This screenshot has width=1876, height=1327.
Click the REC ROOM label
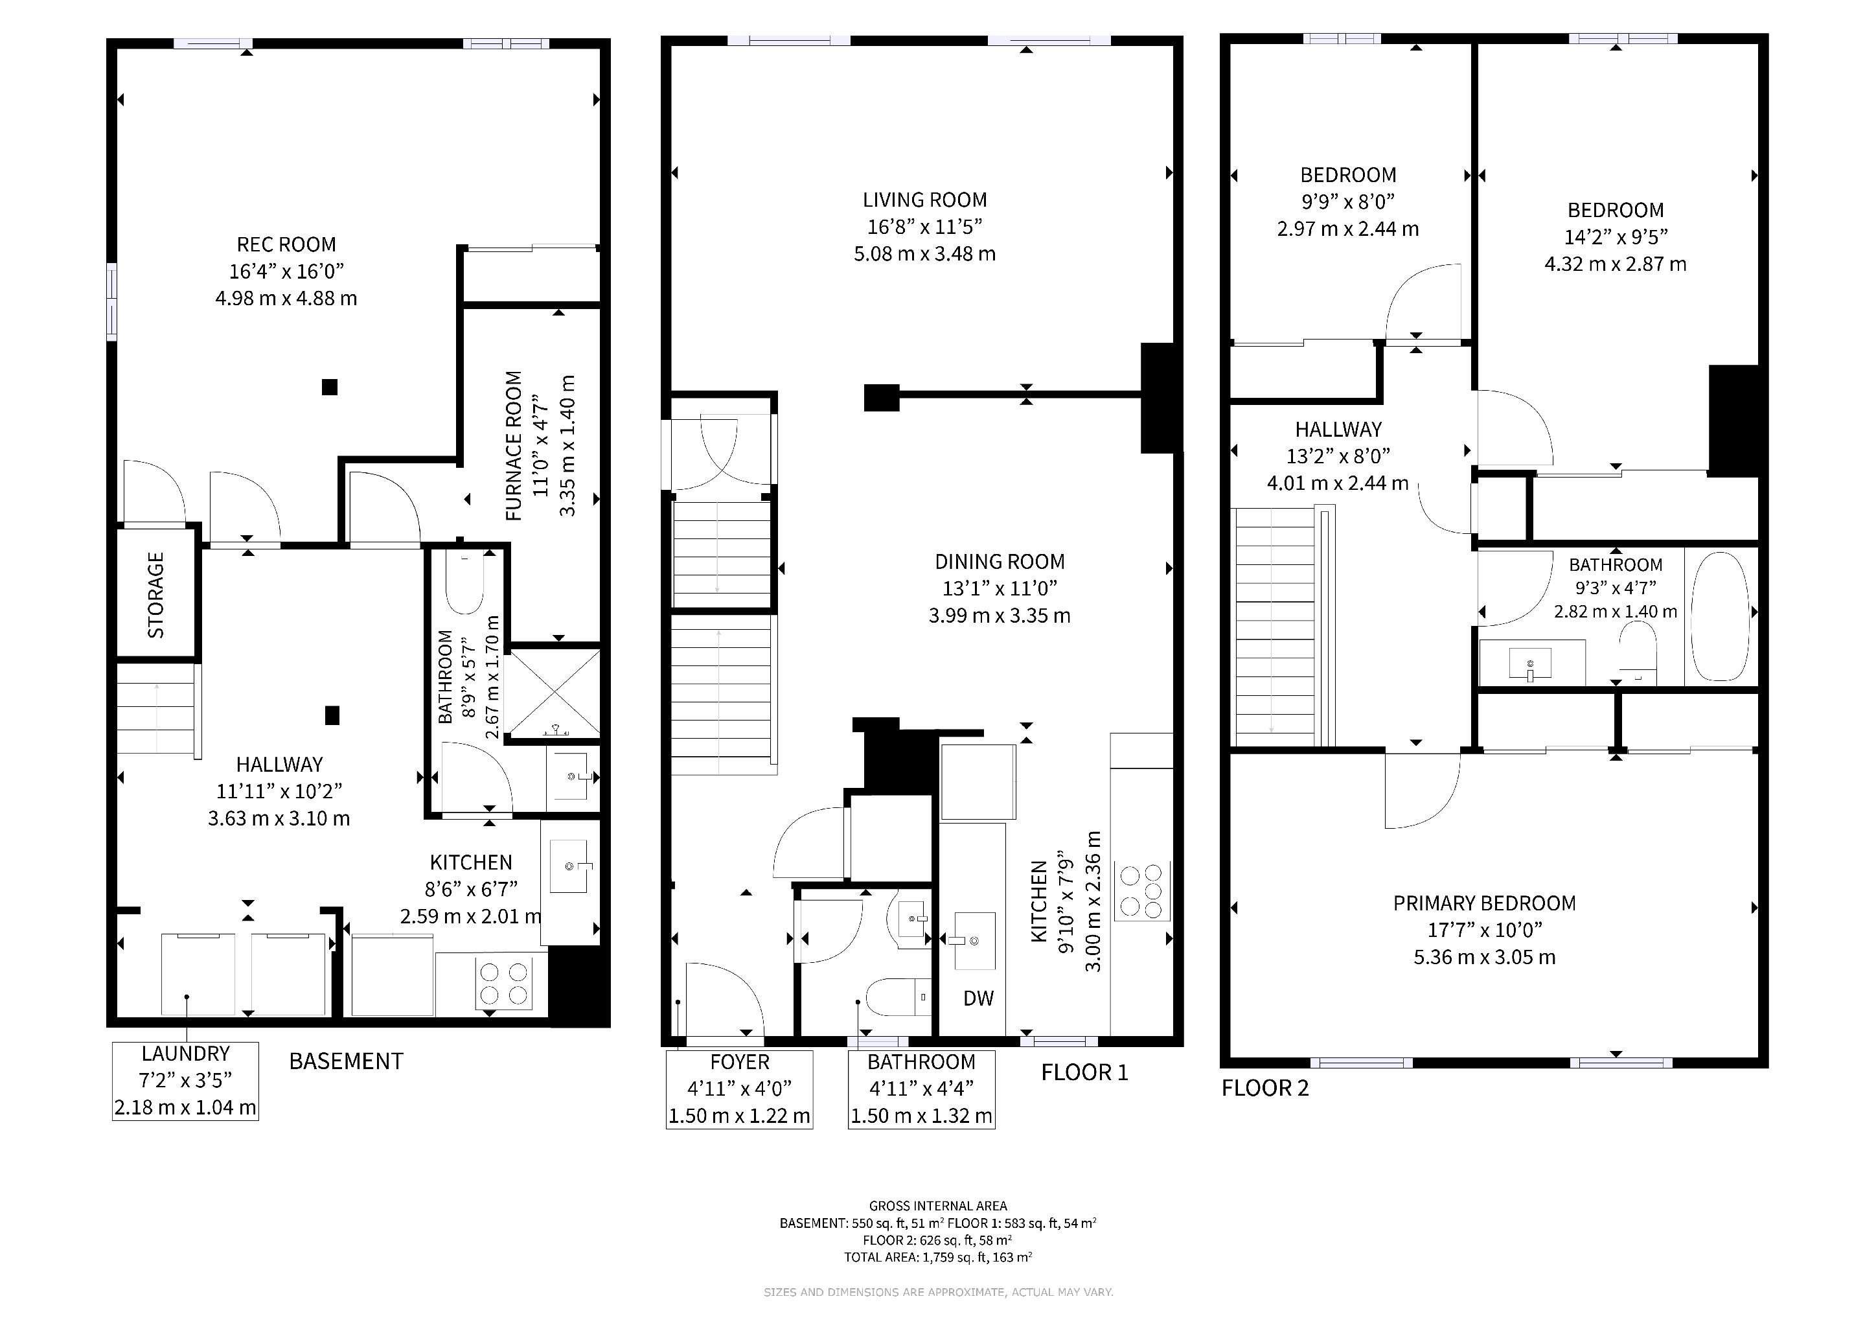pos(286,244)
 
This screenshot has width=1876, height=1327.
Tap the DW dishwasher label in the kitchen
pos(978,998)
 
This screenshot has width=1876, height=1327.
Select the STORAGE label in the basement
pos(155,595)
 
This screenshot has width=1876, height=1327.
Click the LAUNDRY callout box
pos(185,1080)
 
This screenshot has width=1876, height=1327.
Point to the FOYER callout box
pos(739,1089)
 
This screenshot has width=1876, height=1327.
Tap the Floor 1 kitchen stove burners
pos(1141,891)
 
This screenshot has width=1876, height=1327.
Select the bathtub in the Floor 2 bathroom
pos(1719,616)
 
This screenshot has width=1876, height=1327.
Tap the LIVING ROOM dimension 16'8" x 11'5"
pos(925,226)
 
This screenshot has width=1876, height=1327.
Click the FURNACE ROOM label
pos(513,446)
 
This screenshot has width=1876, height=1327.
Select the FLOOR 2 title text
pos(1265,1089)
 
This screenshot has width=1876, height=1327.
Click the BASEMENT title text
pos(347,1061)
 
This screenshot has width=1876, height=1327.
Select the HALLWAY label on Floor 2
pos(1338,429)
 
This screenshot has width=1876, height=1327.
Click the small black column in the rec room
pos(329,386)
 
